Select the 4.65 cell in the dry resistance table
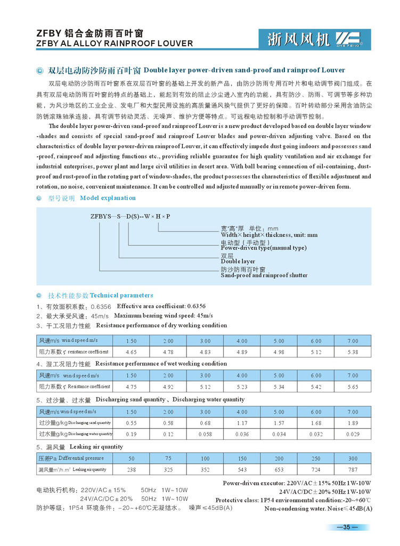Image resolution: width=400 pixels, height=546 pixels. [x=131, y=352]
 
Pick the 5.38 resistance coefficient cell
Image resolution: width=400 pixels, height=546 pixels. [x=353, y=352]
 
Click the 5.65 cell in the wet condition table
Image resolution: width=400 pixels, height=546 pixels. [x=353, y=387]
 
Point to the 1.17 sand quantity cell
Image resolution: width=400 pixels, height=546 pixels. [x=242, y=423]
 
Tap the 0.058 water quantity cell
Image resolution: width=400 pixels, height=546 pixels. [x=205, y=434]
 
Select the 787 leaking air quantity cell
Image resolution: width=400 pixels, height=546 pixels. [x=353, y=470]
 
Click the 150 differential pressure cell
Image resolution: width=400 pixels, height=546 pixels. [x=242, y=459]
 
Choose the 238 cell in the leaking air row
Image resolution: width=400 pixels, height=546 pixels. [x=131, y=470]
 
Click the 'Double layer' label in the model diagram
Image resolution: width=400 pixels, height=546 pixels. [x=238, y=261]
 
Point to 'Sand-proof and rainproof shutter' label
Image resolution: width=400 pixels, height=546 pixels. [x=264, y=275]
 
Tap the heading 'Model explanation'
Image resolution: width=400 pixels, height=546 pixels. [x=108, y=198]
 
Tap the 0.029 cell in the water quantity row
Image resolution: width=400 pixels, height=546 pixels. [x=353, y=434]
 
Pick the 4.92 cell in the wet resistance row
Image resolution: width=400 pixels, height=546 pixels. [x=168, y=387]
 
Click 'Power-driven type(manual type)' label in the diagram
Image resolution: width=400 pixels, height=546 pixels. [x=263, y=247]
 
